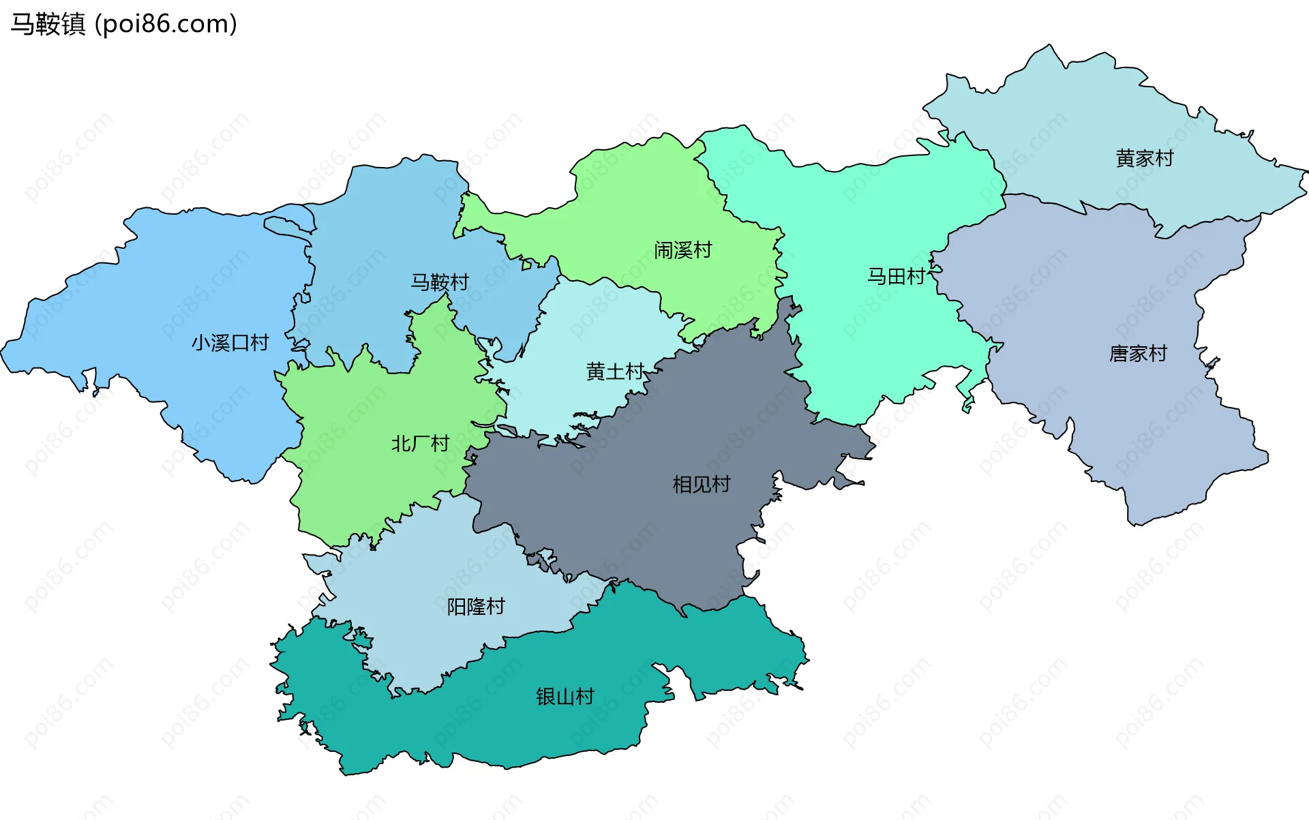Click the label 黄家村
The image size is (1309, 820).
click(x=1145, y=158)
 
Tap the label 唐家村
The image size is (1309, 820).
click(x=1138, y=354)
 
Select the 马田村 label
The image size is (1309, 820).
click(x=896, y=276)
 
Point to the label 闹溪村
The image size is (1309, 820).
click(x=682, y=250)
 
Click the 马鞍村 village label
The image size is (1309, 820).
click(x=440, y=282)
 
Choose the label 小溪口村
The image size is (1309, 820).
click(x=230, y=343)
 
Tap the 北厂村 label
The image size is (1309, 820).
click(x=420, y=444)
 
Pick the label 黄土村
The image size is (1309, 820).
click(x=615, y=371)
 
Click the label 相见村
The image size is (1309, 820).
click(x=701, y=485)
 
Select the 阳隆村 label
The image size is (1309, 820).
click(x=476, y=607)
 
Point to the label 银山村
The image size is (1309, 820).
click(x=565, y=697)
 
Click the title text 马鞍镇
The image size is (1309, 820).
click(x=48, y=24)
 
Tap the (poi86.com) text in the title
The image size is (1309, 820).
click(x=166, y=24)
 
